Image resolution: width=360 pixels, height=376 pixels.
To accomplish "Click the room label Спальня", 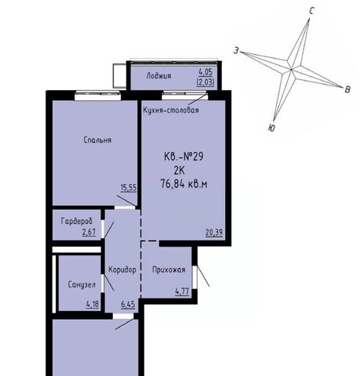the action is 97,140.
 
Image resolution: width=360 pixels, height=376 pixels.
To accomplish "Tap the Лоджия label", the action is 158,76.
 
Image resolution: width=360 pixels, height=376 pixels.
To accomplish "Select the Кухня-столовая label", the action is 171,110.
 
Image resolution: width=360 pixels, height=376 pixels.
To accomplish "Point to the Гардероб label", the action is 77,222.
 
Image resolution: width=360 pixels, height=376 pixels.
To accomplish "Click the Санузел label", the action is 82,284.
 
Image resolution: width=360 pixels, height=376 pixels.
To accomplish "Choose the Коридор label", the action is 122,269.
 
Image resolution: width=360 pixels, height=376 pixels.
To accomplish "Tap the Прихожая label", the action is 169,269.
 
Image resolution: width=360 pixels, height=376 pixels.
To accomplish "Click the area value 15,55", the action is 129,188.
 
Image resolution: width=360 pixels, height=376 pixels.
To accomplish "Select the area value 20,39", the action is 214,233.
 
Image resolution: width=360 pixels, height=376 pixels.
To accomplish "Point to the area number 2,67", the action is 89,232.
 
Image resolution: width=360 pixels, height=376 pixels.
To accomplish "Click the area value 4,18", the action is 93,304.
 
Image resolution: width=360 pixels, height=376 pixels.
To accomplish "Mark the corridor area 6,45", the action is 128,304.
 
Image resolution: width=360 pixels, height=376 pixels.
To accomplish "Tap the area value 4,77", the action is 182,291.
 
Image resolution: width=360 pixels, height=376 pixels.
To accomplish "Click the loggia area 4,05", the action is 205,71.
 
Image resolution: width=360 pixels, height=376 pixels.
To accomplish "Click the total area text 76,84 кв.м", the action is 184,184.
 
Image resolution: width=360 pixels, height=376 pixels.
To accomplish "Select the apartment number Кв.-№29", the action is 184,157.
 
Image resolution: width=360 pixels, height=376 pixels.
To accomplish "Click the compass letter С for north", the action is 311,11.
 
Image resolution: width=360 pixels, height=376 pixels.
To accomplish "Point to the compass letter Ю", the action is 271,128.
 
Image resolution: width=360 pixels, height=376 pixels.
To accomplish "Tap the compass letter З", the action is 236,51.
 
